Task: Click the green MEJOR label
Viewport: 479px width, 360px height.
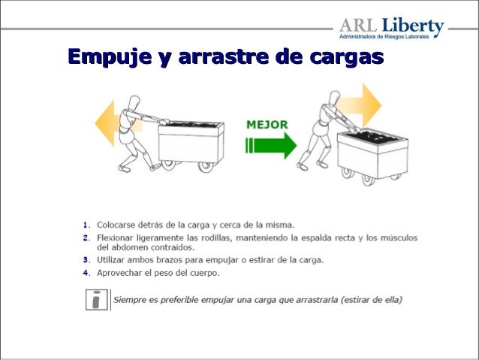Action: tap(267, 124)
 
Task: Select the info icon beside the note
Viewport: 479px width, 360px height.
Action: tap(96, 300)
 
